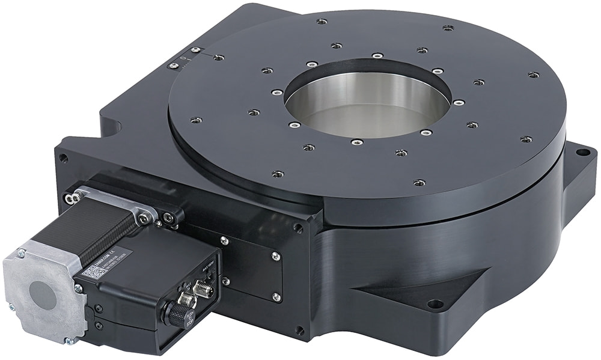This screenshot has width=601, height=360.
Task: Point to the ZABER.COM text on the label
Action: [x=111, y=255]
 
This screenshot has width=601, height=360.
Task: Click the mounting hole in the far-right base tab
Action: [x=582, y=152]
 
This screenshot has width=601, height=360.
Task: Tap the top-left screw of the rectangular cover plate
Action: [x=224, y=240]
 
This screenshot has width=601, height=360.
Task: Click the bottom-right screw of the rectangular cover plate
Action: [x=276, y=297]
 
